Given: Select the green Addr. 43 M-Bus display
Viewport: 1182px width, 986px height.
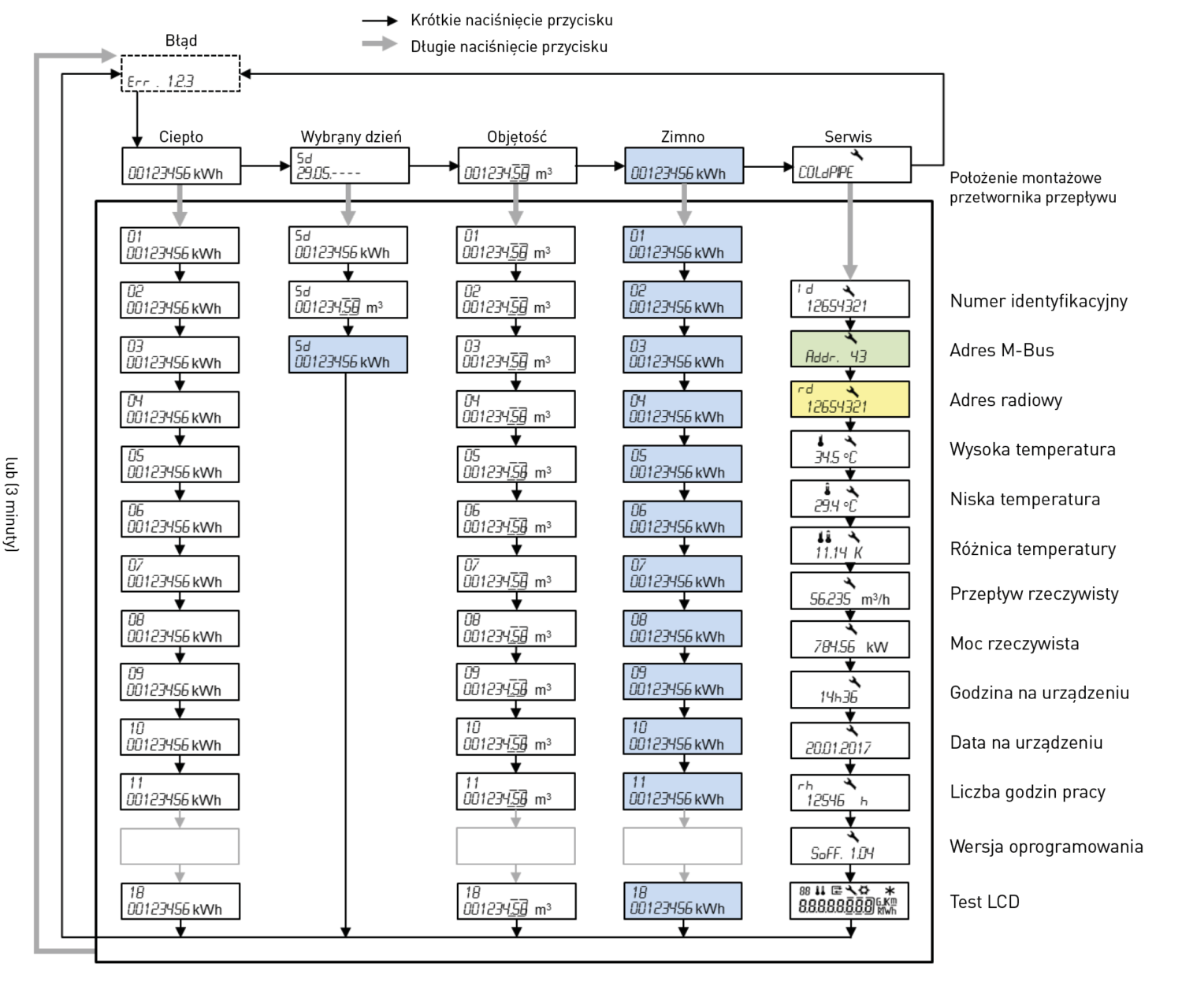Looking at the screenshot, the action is (x=849, y=349).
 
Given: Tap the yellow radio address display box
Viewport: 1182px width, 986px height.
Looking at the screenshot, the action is (x=849, y=400).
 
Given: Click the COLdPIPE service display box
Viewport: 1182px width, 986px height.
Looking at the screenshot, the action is (x=851, y=165).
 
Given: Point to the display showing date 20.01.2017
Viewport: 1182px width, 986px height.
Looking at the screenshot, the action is (x=849, y=740).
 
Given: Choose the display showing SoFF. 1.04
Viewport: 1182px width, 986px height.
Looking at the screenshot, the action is (x=849, y=846).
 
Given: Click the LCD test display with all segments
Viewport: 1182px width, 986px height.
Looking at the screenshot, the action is (x=849, y=900).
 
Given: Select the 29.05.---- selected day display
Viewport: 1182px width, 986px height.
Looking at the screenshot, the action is (x=350, y=166).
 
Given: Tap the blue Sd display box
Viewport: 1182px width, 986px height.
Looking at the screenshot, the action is (x=348, y=355).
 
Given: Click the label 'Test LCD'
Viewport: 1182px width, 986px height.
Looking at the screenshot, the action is (x=984, y=902).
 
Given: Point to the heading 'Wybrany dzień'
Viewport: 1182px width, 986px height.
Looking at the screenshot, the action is (x=351, y=136).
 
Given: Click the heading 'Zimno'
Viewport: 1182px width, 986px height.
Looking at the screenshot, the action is (x=682, y=136).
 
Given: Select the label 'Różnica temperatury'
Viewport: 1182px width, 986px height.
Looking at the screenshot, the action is (x=1032, y=549).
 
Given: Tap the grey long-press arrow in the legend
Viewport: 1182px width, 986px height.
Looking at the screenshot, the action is (x=380, y=43).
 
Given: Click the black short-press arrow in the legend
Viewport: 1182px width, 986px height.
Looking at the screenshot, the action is (x=380, y=21).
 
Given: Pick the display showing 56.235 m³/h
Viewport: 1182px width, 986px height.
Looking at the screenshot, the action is (x=849, y=590).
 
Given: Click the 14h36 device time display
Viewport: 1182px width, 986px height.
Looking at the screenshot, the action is (x=849, y=690).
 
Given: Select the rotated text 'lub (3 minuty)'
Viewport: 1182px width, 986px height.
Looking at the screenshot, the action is (x=11, y=504).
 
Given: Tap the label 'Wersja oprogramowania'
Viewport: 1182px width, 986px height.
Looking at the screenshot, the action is (x=1046, y=846).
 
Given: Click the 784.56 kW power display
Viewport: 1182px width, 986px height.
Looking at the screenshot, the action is (x=849, y=639).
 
